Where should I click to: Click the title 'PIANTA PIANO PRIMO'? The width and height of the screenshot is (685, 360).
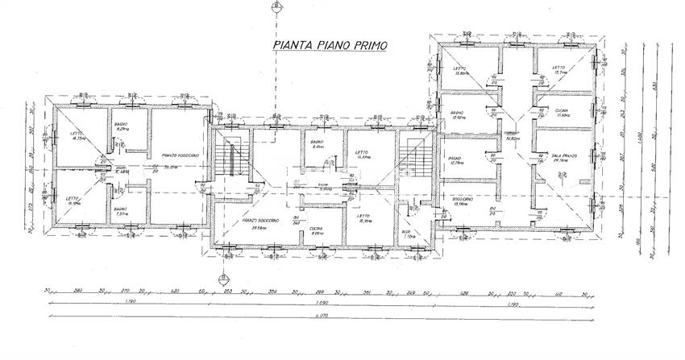point(329,46)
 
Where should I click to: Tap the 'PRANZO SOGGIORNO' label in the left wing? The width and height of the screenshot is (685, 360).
point(180,156)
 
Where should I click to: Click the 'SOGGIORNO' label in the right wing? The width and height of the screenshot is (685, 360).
point(462,201)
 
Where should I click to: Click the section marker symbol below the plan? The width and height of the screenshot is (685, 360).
point(219,279)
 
